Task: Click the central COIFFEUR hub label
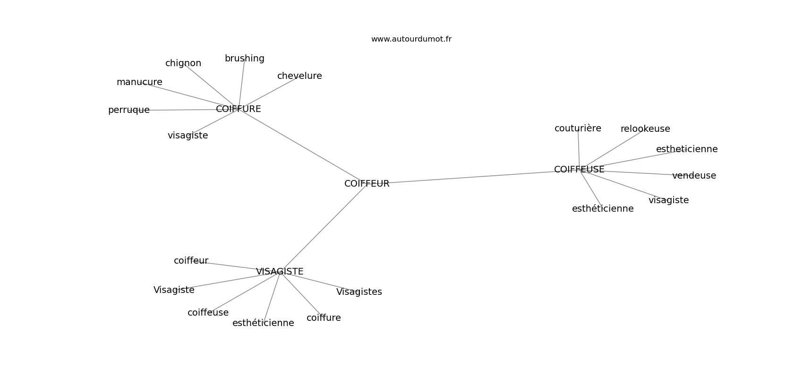(367, 184)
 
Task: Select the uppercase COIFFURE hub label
(239, 109)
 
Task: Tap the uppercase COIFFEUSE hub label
(579, 170)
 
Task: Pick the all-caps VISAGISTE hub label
(280, 272)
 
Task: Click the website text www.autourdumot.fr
(411, 39)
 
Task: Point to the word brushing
(245, 59)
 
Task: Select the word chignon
(183, 63)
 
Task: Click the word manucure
(139, 82)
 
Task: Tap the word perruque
(128, 110)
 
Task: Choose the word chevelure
(299, 76)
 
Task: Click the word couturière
(578, 129)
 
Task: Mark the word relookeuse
(645, 129)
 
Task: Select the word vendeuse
(694, 176)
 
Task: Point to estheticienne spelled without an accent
(687, 149)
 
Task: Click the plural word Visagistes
(359, 292)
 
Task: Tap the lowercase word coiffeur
(191, 261)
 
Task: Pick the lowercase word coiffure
(324, 318)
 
